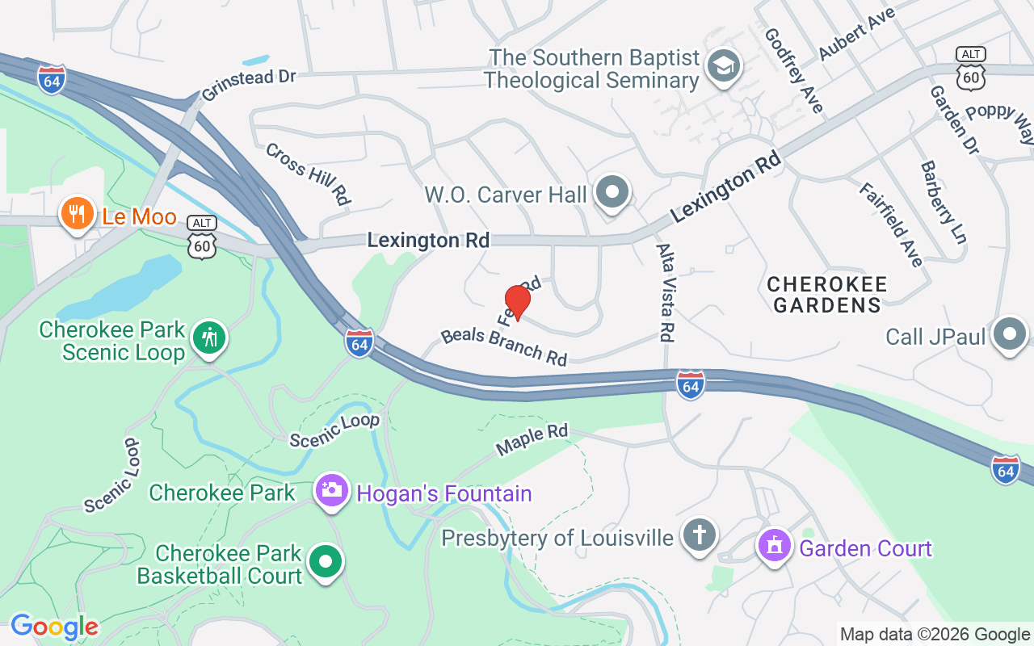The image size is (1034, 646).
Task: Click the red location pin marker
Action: point(517,302)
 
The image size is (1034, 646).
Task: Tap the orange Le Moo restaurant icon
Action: point(78,215)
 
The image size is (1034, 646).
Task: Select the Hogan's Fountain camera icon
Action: point(331,490)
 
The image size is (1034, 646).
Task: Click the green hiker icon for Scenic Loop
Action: point(210,338)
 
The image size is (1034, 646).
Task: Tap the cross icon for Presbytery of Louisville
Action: point(700,535)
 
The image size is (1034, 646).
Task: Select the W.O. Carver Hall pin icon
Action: point(612,193)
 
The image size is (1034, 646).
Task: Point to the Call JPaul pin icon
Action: point(1009,333)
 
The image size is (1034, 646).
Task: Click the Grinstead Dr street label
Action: point(249,83)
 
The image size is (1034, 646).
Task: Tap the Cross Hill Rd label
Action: point(308,173)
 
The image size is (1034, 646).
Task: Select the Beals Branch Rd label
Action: point(504,346)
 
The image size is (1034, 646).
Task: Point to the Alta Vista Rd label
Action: point(666,292)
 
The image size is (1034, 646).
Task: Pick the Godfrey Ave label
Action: point(793,71)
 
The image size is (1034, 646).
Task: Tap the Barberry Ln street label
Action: point(943,202)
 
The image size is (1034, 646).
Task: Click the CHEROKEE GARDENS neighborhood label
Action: point(826,295)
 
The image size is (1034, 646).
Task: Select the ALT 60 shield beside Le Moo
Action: point(202,237)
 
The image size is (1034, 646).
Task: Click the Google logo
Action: point(54,627)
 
